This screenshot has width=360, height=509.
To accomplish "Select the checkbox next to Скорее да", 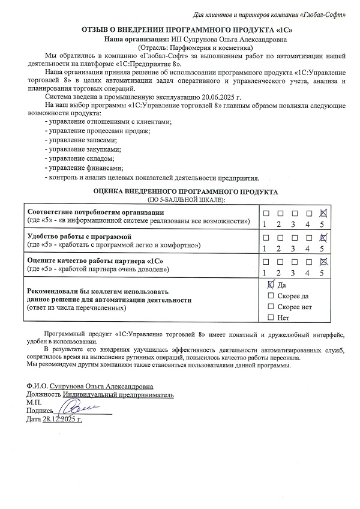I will coord(271,296).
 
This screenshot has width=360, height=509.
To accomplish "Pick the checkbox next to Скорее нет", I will coord(271,307).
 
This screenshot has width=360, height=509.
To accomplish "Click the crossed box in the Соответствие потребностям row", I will coord(323,213).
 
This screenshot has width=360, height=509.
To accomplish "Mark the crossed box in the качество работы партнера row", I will coord(323,261).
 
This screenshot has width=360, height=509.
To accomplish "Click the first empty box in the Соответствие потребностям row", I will coord(265,213).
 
